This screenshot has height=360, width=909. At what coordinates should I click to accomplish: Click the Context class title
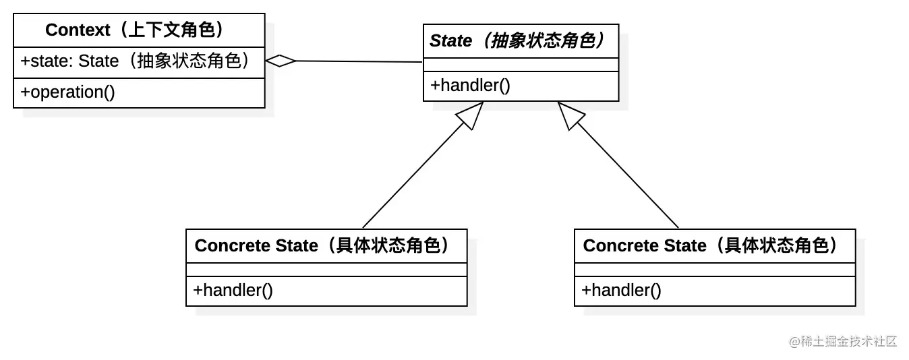pos(139,30)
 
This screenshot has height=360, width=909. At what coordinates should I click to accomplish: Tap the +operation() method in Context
pos(68,92)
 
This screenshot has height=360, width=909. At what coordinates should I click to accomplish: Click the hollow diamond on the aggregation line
pos(281,61)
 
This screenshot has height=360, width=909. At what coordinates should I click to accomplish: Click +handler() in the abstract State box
pos(471,86)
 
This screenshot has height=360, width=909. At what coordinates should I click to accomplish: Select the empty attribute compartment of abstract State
pos(521,65)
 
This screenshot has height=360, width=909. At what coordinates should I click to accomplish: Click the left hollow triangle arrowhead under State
pos(471,115)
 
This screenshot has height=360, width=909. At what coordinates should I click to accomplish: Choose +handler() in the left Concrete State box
pos(233,291)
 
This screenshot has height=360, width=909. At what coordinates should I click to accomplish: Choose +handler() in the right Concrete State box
pos(622,291)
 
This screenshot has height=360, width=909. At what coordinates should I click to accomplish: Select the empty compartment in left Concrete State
pos(326,269)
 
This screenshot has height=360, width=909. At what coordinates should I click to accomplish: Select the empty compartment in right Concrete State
pos(715,269)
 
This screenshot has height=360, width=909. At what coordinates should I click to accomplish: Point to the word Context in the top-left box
pos(78,30)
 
